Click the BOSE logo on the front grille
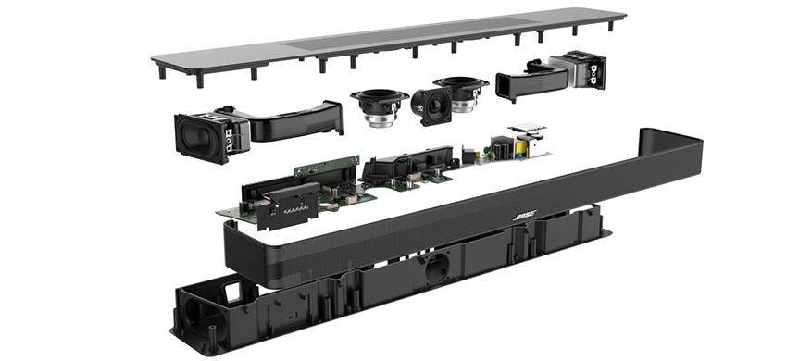(525, 217)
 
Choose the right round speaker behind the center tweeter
(461, 93)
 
